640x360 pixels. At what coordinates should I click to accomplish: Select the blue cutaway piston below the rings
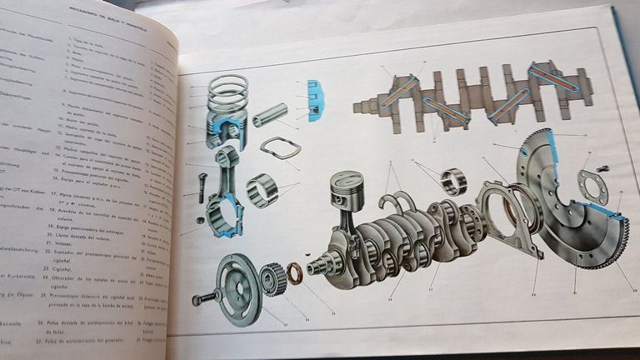pos(226,131)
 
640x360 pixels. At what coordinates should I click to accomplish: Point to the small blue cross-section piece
pos(315,101)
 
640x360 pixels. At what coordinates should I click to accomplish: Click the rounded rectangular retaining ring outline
pos(279,148)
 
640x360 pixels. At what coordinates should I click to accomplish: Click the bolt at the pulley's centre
pos(207,297)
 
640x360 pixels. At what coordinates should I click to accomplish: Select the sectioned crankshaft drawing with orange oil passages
pos(471,96)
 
